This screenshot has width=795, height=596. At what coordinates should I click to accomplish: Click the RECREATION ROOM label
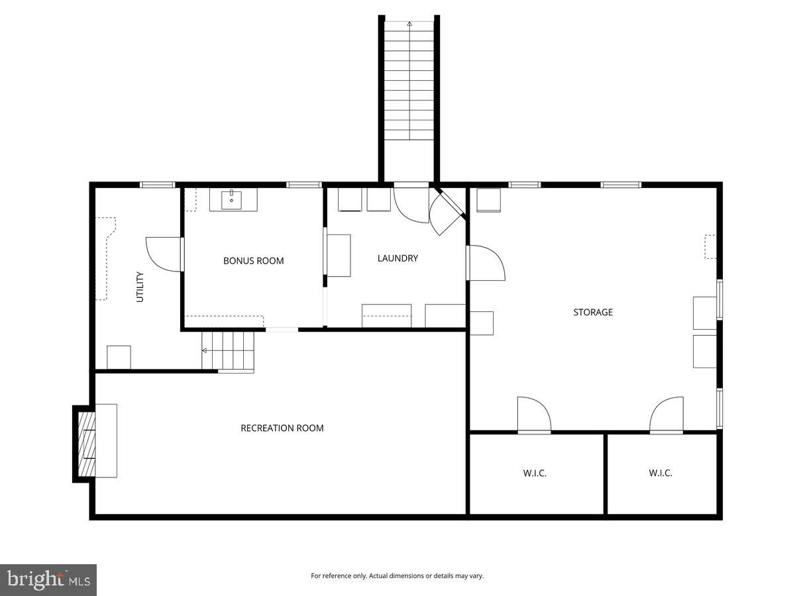pos(282,428)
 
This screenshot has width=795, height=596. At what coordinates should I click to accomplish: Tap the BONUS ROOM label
pos(253,261)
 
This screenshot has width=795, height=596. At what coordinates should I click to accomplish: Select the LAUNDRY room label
pos(397,258)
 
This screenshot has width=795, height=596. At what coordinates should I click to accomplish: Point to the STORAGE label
pos(593,312)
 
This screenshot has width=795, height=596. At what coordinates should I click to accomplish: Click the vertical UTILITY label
pos(140,287)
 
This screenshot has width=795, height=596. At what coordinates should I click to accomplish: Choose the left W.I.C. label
pos(535,473)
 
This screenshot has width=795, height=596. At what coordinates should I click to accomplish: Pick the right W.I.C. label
pos(661,473)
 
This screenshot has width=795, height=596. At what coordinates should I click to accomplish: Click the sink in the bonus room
pos(232,199)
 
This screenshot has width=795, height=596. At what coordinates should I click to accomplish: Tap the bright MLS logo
pos(48,580)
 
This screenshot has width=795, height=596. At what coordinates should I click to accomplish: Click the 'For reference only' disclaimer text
pos(397,576)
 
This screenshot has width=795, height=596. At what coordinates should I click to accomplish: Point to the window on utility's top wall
pos(157,185)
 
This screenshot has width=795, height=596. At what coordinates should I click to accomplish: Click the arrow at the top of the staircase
pos(409,24)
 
